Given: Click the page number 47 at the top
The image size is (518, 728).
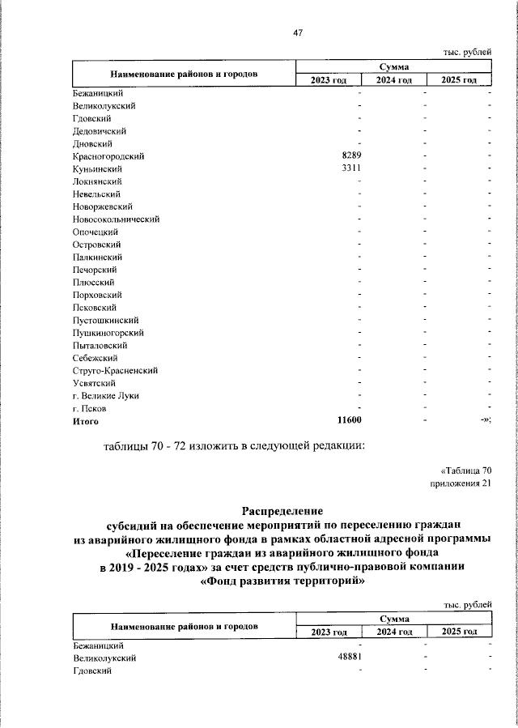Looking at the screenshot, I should click(297, 32).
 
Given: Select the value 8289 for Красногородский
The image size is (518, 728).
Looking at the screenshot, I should click(349, 155).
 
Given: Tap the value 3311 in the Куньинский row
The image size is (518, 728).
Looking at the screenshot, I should click(349, 168).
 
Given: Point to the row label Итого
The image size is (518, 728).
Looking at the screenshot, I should click(86, 421).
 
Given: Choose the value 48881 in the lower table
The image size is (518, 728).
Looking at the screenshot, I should click(349, 658).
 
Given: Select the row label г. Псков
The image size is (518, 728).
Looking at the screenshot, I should click(89, 409).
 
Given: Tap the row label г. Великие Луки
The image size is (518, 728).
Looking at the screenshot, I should click(106, 396).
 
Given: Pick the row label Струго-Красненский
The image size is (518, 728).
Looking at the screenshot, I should click(115, 370).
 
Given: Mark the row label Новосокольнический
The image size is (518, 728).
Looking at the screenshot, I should click(116, 219).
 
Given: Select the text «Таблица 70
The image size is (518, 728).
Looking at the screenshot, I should click(465, 470).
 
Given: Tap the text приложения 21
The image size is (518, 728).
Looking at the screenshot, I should click(461, 483).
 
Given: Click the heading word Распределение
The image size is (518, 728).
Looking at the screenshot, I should click(282, 511).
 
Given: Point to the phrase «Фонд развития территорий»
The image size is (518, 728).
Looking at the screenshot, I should click(282, 581).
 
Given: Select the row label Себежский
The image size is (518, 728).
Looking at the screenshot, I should click(96, 358).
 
